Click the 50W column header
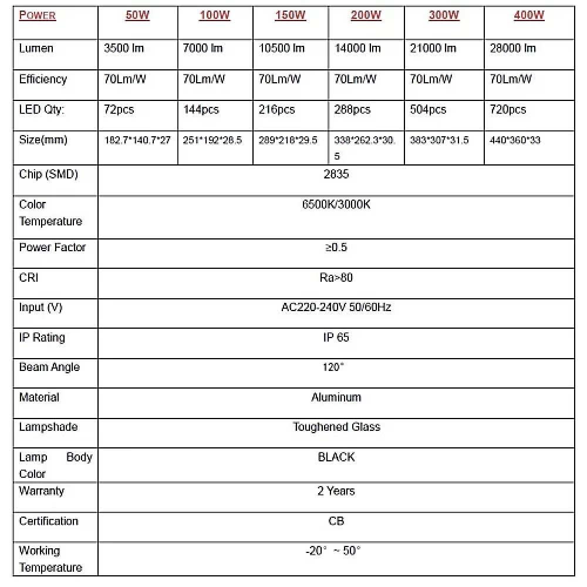pos(137,16)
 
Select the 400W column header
pos(529,16)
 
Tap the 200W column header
pos(366,16)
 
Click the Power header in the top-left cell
pos(38,16)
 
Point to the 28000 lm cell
pos(512,48)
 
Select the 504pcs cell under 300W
pos(428,110)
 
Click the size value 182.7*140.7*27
pos(137,140)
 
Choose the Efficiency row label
pos(43,79)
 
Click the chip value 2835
pos(336,174)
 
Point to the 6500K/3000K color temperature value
pos(336,205)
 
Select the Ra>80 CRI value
pos(336,278)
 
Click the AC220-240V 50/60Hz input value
pos(336,307)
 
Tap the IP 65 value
pos(336,338)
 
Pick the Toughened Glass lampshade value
pos(336,427)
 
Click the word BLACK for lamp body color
pos(336,457)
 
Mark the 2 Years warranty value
pos(336,491)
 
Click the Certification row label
pos(48,521)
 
